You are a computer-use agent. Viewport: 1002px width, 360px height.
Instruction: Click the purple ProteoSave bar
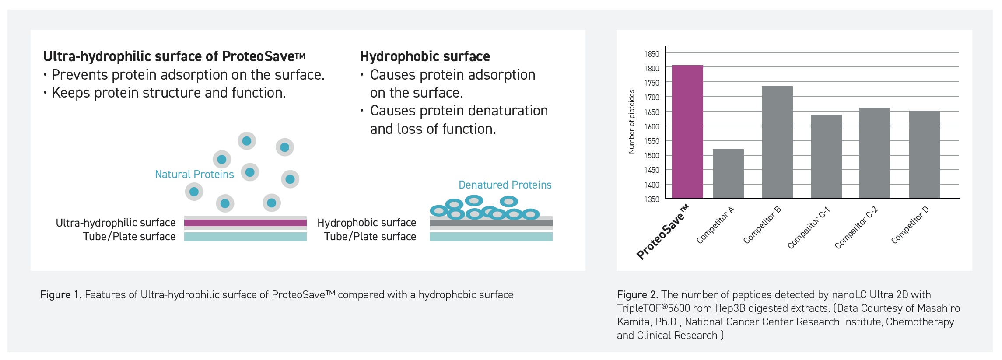(x=687, y=132)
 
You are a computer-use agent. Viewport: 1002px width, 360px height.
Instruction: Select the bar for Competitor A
(x=728, y=174)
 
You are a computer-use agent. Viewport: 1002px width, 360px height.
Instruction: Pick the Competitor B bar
(x=777, y=142)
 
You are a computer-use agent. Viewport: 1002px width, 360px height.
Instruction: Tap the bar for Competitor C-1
(x=826, y=157)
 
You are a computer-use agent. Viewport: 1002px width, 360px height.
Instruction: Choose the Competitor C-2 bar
(x=875, y=153)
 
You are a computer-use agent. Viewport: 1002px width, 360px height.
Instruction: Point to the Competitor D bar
(x=925, y=154)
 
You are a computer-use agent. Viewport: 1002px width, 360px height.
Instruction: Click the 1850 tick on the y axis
(x=652, y=54)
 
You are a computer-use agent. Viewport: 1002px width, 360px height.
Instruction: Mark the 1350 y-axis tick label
(x=652, y=199)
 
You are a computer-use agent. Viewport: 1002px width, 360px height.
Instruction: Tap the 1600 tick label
(x=652, y=127)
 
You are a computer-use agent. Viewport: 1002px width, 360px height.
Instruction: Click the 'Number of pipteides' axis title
(x=631, y=122)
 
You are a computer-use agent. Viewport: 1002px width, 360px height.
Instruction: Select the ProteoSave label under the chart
(x=662, y=232)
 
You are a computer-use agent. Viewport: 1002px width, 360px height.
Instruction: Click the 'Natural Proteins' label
(x=194, y=175)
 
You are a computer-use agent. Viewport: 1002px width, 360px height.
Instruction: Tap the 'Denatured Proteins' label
(x=505, y=185)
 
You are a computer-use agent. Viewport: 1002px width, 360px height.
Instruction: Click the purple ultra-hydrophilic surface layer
(x=245, y=223)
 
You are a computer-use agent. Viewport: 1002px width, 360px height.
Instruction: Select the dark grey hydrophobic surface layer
(x=491, y=223)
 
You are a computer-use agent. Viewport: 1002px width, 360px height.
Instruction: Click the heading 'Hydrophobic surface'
(x=425, y=56)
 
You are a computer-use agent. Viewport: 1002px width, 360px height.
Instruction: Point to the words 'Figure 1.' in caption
(x=61, y=295)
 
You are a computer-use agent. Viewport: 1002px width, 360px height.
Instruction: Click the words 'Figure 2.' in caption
(x=638, y=295)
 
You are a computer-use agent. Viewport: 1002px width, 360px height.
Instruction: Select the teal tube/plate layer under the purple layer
(x=245, y=237)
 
